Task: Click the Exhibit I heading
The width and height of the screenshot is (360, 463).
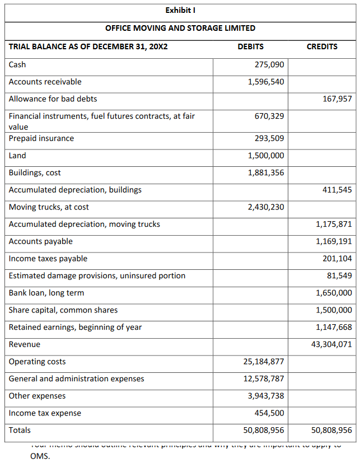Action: coord(180,10)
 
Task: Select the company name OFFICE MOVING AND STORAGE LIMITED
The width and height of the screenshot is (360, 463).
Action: coord(180,28)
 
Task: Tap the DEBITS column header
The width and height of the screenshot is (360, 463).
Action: coord(250,46)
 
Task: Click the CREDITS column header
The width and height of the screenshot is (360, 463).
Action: coord(322,46)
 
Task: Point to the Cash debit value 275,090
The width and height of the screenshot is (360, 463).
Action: coord(269,64)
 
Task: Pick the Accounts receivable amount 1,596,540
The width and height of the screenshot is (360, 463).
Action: coord(266,82)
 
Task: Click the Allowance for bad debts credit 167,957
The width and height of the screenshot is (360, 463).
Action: coord(338,99)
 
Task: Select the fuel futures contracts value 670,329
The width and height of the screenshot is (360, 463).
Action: coord(269,116)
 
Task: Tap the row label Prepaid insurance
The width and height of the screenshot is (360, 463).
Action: coord(41,138)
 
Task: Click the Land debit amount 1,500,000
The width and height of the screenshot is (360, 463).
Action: coord(266,156)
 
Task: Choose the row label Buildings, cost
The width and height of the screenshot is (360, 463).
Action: coord(35,172)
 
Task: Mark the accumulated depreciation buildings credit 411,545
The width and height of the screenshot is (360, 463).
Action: coord(338,190)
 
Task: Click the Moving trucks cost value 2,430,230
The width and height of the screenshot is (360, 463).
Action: coord(266,207)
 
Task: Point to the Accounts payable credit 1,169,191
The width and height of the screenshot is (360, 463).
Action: coord(334,241)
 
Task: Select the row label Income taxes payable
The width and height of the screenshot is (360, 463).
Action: coord(48,259)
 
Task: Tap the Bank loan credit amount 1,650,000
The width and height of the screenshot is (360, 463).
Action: coord(334,293)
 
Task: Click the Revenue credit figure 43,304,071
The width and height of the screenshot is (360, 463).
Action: coord(332,344)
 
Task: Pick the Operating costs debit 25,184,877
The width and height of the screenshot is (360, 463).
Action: coord(264,362)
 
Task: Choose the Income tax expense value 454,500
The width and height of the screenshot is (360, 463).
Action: coord(269,413)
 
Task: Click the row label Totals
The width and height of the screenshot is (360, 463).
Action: coord(20,430)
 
